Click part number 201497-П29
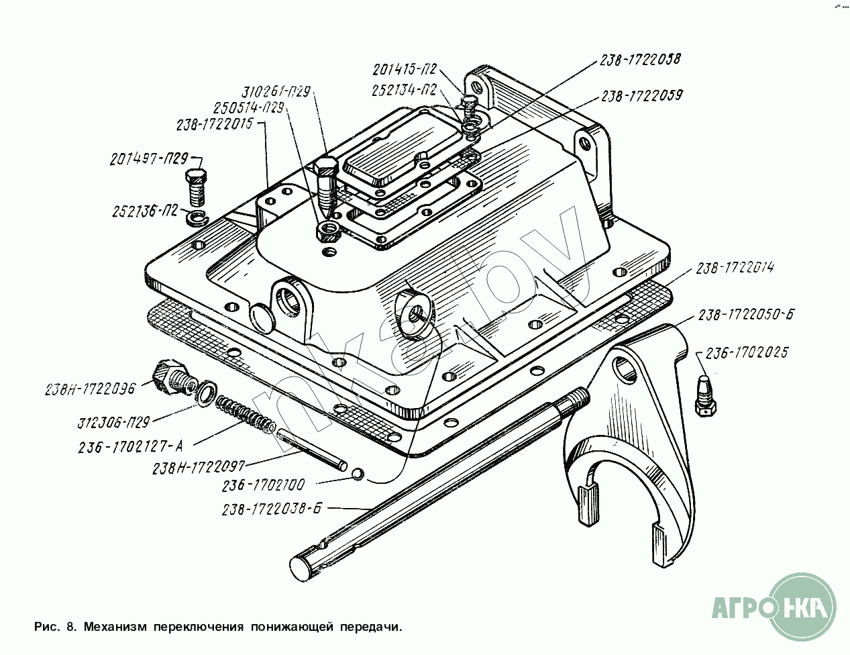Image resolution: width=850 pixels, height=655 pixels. [x=149, y=159]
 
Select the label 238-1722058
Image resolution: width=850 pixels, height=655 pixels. [x=640, y=60]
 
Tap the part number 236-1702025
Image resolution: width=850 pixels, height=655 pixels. [x=746, y=353]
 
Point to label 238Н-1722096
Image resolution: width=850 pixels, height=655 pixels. [x=90, y=390]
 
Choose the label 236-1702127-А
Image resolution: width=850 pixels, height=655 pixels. [x=131, y=448]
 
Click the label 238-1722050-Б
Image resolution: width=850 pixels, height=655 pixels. [x=746, y=315]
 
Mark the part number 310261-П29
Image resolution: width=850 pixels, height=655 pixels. [x=276, y=93]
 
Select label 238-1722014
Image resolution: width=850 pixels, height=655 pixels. [x=735, y=268]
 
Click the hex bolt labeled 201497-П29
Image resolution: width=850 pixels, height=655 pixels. [x=195, y=187]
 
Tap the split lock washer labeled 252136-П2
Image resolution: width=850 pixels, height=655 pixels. [x=197, y=218]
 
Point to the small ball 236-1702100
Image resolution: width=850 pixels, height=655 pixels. [x=358, y=474]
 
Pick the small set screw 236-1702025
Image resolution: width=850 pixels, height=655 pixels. [x=705, y=395]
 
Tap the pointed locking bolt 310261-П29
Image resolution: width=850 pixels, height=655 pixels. [x=326, y=187]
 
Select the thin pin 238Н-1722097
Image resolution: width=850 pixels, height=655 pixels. [x=312, y=449]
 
